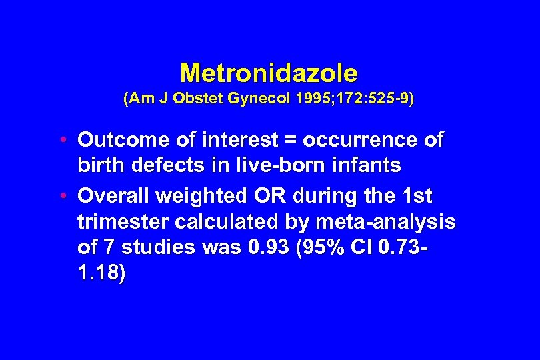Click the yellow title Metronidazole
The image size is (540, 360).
click(269, 72)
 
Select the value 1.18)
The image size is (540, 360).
click(101, 273)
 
